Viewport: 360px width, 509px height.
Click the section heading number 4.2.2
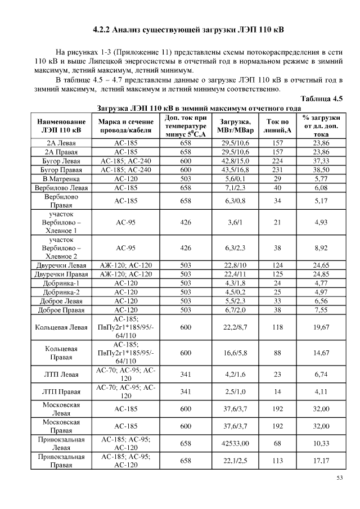point(104,29)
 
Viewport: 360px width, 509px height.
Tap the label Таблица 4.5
point(322,98)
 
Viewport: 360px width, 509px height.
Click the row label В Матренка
point(61,178)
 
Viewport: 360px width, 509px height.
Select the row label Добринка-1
point(61,283)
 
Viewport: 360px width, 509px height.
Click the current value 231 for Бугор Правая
point(277,169)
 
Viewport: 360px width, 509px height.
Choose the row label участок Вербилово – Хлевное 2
point(61,247)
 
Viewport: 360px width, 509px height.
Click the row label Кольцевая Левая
point(61,326)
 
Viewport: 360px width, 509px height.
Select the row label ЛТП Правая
point(61,391)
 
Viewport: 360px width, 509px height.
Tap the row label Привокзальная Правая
point(61,461)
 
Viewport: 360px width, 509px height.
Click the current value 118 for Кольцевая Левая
point(277,326)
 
